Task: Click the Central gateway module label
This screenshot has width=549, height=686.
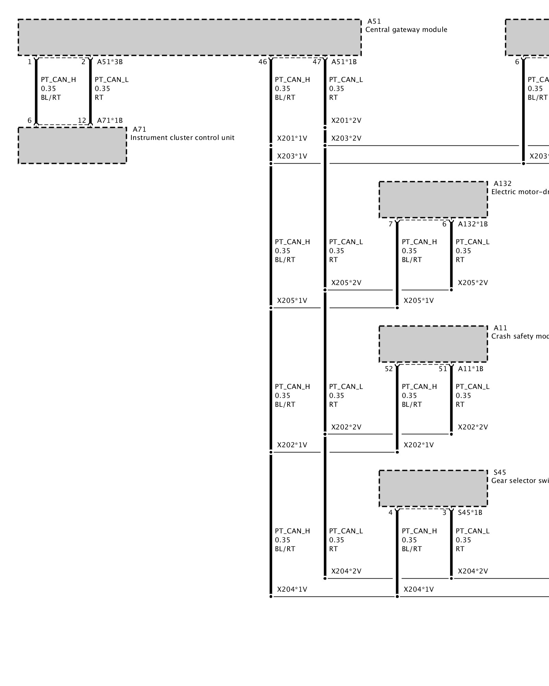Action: pyautogui.click(x=406, y=30)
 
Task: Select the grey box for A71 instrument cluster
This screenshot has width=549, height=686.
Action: pyautogui.click(x=72, y=145)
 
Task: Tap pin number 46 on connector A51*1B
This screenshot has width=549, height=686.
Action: pyautogui.click(x=262, y=62)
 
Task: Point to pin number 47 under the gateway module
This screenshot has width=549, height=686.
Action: pyautogui.click(x=317, y=62)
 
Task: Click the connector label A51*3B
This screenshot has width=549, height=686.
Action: pyautogui.click(x=110, y=62)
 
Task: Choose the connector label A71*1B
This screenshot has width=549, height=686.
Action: pyautogui.click(x=110, y=120)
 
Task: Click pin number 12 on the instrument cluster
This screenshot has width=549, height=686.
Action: pyautogui.click(x=82, y=120)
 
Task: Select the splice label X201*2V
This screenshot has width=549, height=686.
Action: pyautogui.click(x=346, y=121)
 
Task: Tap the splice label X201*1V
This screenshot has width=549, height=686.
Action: pyautogui.click(x=292, y=139)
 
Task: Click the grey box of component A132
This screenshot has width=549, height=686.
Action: pyautogui.click(x=433, y=200)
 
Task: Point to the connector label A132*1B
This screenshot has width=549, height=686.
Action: pyautogui.click(x=473, y=224)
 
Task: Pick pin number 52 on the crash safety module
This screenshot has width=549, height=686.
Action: pyautogui.click(x=389, y=369)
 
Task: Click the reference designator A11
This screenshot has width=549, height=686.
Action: pyautogui.click(x=500, y=328)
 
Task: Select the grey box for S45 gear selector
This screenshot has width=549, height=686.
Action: pyautogui.click(x=433, y=488)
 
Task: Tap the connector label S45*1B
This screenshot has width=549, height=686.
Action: pyautogui.click(x=470, y=513)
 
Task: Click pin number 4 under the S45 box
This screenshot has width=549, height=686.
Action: pyautogui.click(x=390, y=513)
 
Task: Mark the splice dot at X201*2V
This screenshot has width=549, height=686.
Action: pyautogui.click(x=325, y=128)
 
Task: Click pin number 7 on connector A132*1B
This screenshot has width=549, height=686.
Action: pyautogui.click(x=390, y=224)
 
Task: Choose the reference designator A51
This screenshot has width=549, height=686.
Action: pyautogui.click(x=374, y=22)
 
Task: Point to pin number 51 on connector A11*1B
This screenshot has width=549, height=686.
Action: pyautogui.click(x=443, y=369)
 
